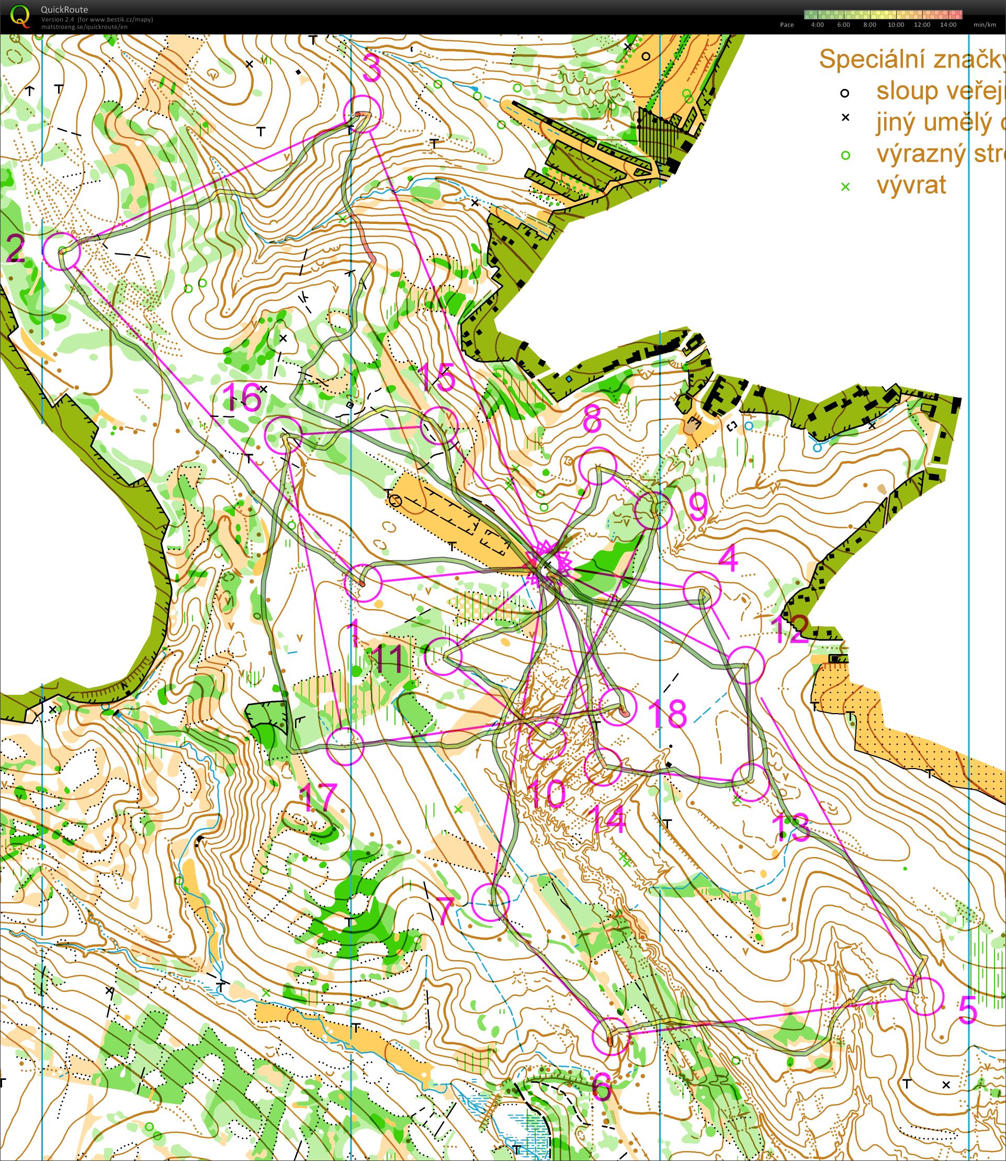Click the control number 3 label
(x=371, y=70)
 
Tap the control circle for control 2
(x=62, y=251)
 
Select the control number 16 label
(x=243, y=397)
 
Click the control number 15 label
(x=438, y=377)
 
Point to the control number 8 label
(x=592, y=419)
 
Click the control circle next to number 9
(x=653, y=510)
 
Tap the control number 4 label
(x=728, y=559)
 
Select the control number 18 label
(x=668, y=714)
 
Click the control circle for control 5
(x=924, y=996)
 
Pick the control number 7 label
(x=445, y=910)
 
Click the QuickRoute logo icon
(x=21, y=16)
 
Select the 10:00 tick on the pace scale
(x=896, y=25)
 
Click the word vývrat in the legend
(x=911, y=185)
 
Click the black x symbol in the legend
(x=845, y=118)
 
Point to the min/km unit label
(x=985, y=25)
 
